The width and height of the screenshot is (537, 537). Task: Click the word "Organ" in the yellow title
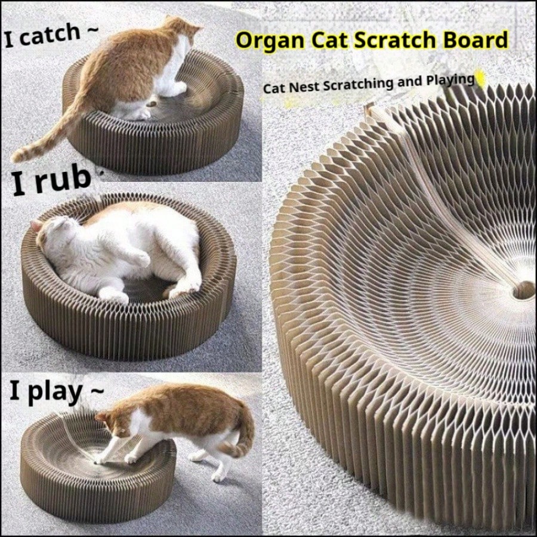[270, 41]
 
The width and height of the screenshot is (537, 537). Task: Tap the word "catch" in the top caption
[50, 35]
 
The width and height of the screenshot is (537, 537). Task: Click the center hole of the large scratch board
[522, 290]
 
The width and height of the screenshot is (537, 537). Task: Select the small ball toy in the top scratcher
[153, 101]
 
